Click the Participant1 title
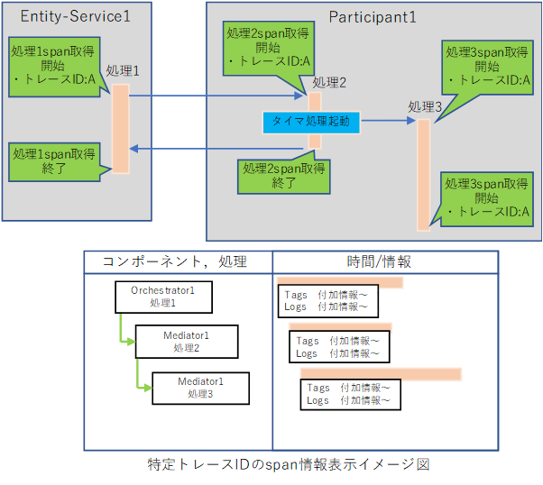coord(373,16)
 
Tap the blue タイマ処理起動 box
coord(307,121)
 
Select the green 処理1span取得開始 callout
coord(53,62)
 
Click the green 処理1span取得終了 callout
coord(53,161)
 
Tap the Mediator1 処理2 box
coord(186,341)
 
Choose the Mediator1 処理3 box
coord(199,388)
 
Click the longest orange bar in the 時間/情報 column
coord(381,373)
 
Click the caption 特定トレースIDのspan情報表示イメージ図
coord(288,464)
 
